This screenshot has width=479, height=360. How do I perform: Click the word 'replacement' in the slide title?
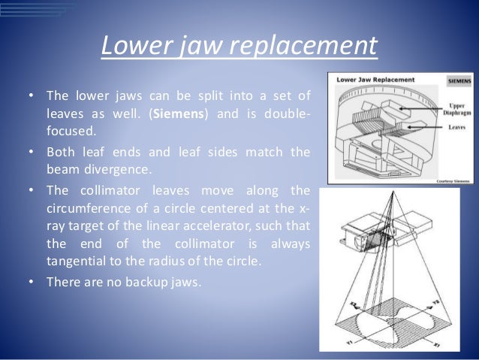[x=308, y=46]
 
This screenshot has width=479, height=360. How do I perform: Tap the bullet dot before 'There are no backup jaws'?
[x=31, y=283]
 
